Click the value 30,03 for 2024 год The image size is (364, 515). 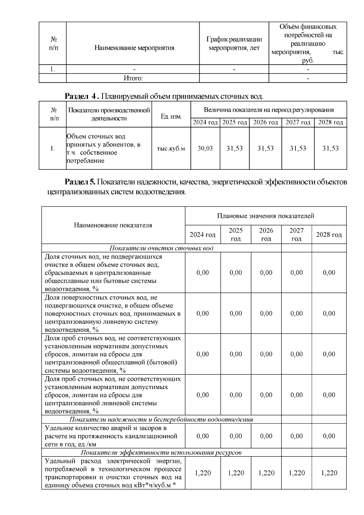pyautogui.click(x=205, y=148)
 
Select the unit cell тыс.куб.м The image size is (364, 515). pyautogui.click(x=171, y=148)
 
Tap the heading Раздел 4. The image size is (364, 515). pyautogui.click(x=82, y=97)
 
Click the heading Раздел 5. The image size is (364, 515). pyautogui.click(x=80, y=182)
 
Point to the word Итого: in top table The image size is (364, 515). pyautogui.click(x=133, y=78)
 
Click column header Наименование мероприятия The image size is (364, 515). pyautogui.click(x=134, y=48)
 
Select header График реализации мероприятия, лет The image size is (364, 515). pyautogui.click(x=234, y=43)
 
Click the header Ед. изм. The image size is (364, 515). pyautogui.click(x=171, y=116)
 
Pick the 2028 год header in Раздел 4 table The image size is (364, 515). pyautogui.click(x=330, y=122)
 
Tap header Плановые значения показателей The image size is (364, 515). pyautogui.click(x=265, y=216)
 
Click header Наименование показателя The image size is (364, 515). pyautogui.click(x=113, y=225)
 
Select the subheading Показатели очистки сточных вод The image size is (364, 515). pyautogui.click(x=161, y=248)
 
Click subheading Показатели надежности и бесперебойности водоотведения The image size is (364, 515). pyautogui.click(x=161, y=419)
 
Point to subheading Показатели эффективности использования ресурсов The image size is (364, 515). pyautogui.click(x=161, y=452)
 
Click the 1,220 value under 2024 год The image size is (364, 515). pyautogui.click(x=203, y=473)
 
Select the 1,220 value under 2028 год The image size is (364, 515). pyautogui.click(x=329, y=473)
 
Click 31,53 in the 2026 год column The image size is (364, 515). pyautogui.click(x=265, y=148)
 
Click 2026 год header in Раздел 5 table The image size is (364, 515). pyautogui.click(x=266, y=234)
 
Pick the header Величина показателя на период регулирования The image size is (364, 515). pyautogui.click(x=268, y=110)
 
